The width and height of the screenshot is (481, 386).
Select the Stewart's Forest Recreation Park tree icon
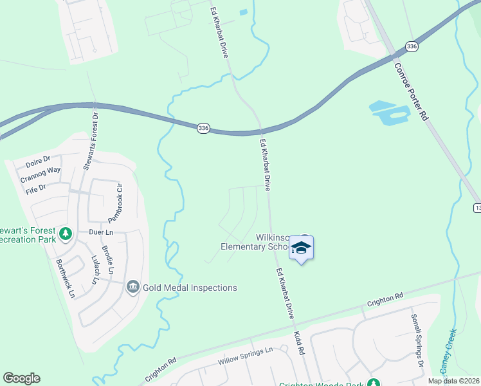click(65, 234)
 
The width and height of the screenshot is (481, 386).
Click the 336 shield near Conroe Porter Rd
click(412, 46)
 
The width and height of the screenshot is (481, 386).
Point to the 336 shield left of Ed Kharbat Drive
click(203, 128)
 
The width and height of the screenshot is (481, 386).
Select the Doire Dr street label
click(37, 160)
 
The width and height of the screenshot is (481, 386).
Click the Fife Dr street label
click(36, 188)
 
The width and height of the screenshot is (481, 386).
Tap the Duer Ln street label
click(101, 232)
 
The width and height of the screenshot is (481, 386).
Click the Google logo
click(21, 378)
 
